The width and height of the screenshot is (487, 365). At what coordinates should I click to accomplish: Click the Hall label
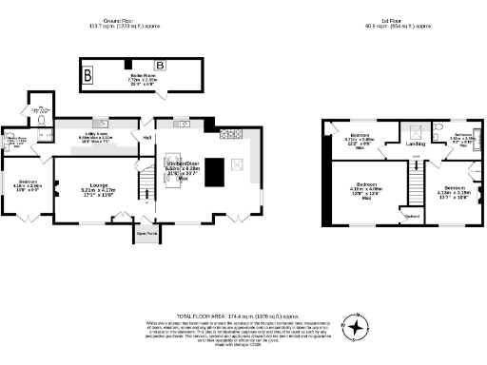click(147, 137)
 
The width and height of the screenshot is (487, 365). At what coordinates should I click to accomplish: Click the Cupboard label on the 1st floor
click(413, 216)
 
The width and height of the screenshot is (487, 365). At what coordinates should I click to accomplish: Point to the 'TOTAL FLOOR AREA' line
click(243, 314)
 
